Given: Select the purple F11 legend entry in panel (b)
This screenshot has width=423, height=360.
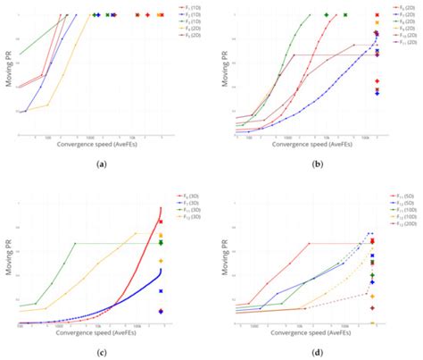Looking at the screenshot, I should click(406, 42).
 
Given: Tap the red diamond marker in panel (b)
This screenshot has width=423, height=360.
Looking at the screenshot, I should click(377, 81).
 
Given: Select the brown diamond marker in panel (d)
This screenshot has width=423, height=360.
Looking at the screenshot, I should click(372, 308).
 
